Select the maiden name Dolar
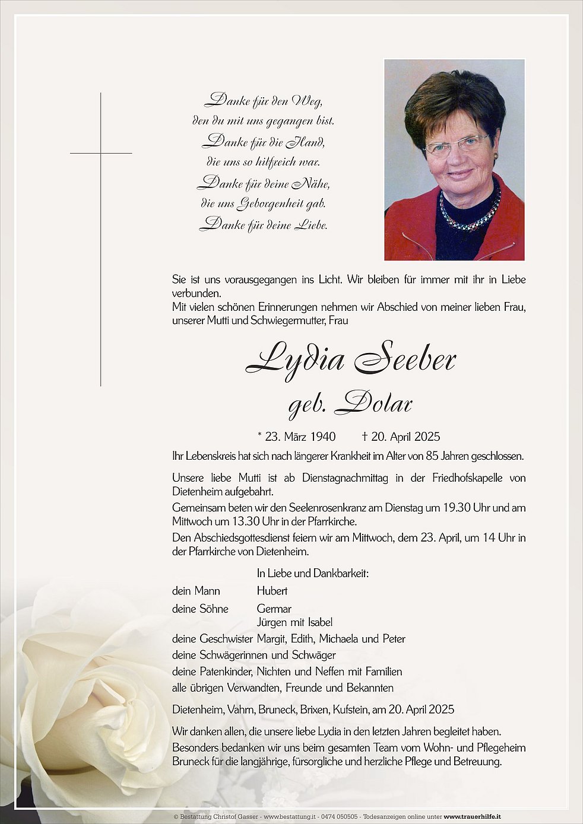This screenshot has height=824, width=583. coord(373,404)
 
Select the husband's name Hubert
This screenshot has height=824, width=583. coord(272,591)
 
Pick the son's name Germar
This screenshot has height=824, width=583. coord(274,609)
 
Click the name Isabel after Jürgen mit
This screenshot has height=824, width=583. coord(320,622)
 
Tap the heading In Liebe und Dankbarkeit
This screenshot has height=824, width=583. coord(313,574)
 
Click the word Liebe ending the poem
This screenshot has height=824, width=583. coord(311,225)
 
